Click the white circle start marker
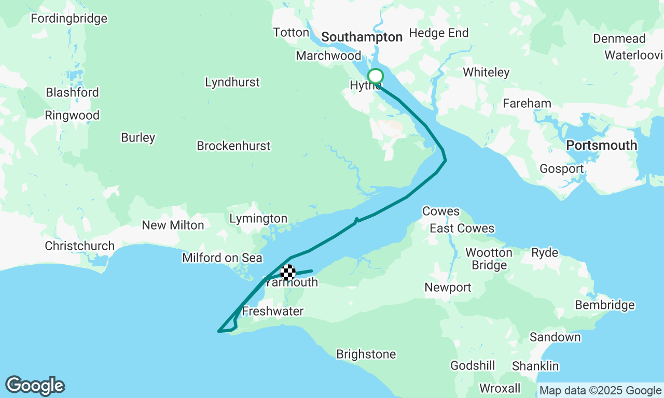tap(375, 76)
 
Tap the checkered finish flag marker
tap(288, 272)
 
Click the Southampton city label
tap(362, 37)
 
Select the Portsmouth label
tap(602, 145)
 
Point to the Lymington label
tap(258, 219)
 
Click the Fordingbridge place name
tap(69, 19)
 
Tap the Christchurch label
tap(79, 246)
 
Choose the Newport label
tap(448, 287)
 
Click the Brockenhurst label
tap(233, 146)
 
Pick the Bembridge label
tap(605, 305)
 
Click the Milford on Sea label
tap(222, 258)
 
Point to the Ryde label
tap(545, 252)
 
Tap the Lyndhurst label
tap(232, 82)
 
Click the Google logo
tap(35, 386)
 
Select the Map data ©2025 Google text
tap(600, 390)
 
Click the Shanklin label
tap(535, 366)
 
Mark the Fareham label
tap(527, 103)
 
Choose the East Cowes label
tap(462, 229)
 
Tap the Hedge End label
tap(439, 33)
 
